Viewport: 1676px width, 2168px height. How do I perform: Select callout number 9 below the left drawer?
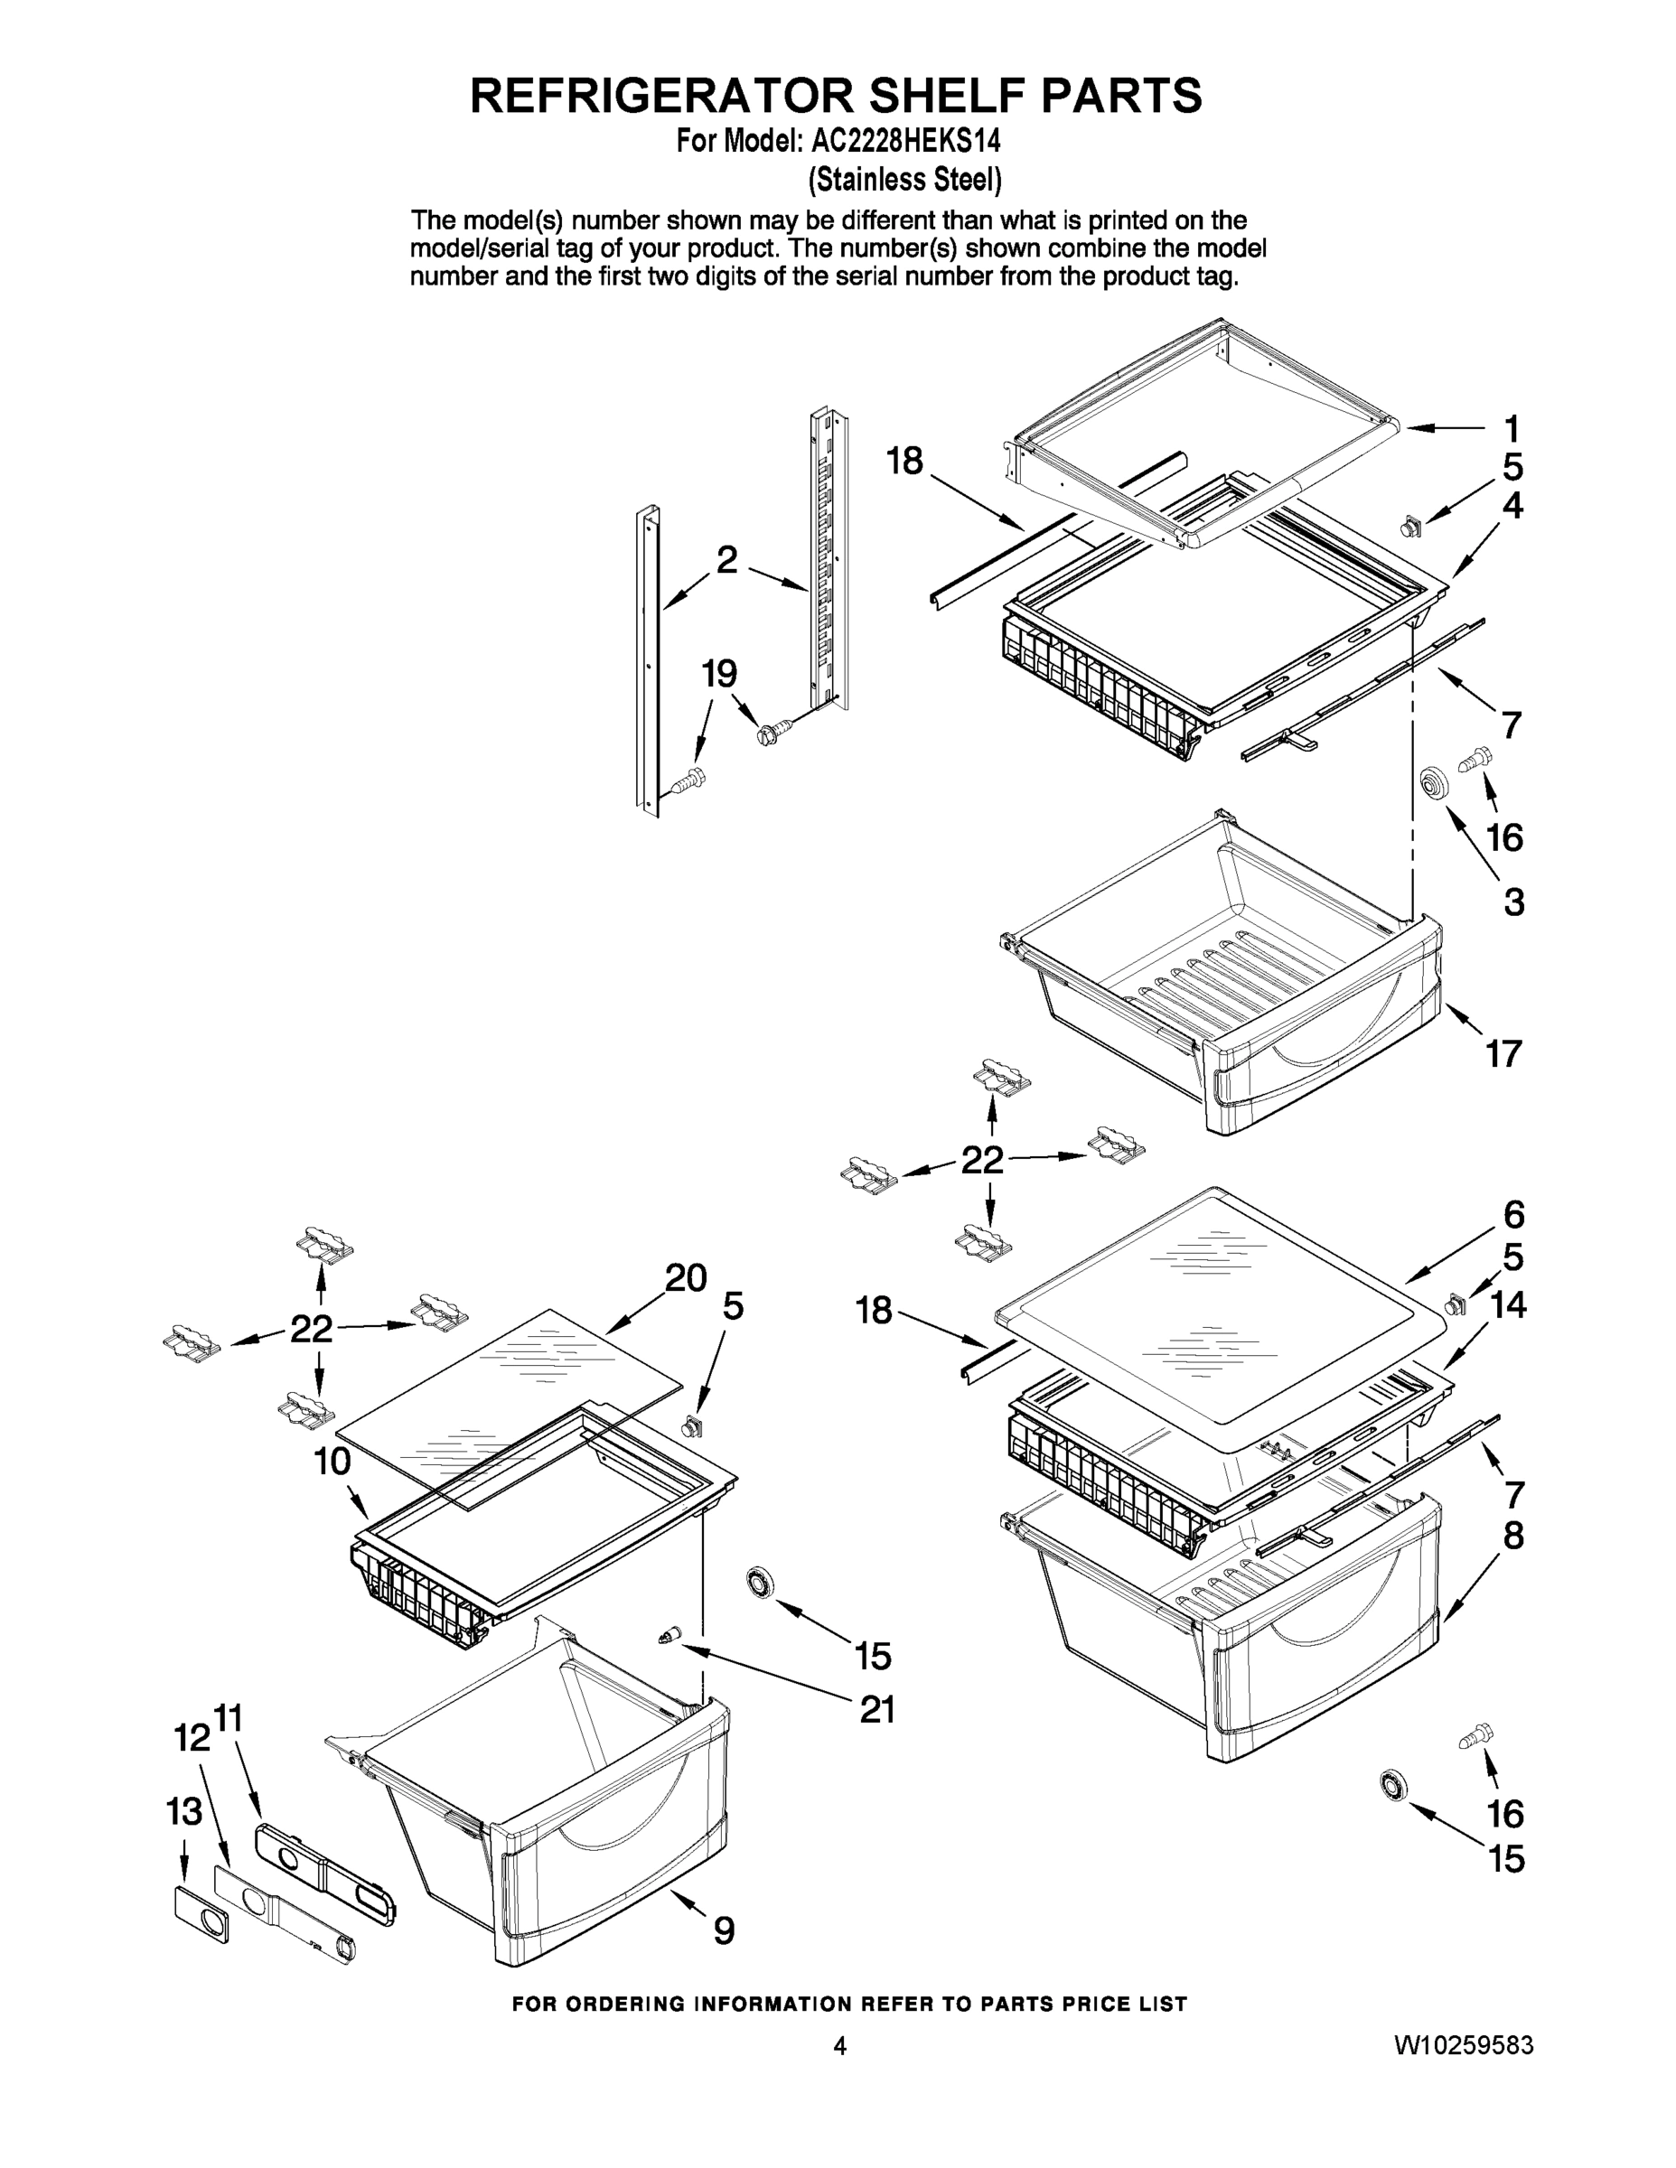click(x=725, y=1930)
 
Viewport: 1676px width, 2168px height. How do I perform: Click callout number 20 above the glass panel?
click(x=685, y=1276)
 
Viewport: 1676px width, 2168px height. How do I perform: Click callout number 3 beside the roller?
click(x=1513, y=902)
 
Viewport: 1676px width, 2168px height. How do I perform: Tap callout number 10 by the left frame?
click(x=332, y=1462)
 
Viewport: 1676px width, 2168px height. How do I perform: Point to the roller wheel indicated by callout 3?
click(x=1432, y=783)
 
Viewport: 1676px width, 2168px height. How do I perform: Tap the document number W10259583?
click(x=1464, y=2045)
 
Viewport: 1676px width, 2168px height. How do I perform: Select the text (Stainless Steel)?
click(x=904, y=180)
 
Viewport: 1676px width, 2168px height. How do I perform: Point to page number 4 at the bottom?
click(x=839, y=2045)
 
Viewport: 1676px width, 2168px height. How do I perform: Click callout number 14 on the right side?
click(x=1507, y=1304)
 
